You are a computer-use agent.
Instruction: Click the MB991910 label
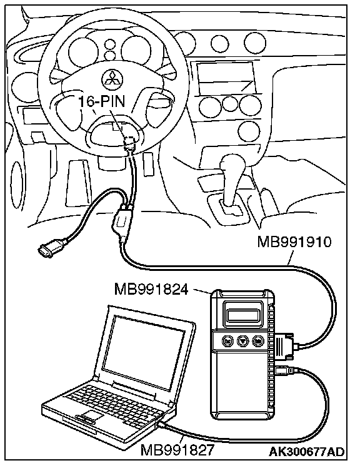click(294, 242)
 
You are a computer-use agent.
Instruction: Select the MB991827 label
click(177, 450)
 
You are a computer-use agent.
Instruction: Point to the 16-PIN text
click(101, 101)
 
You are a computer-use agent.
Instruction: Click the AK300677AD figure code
click(307, 452)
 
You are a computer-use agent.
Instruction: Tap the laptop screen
click(143, 352)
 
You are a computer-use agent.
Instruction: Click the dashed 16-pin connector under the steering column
click(130, 142)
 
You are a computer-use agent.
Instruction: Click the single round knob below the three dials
click(249, 131)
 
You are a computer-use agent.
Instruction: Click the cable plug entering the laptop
click(162, 425)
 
